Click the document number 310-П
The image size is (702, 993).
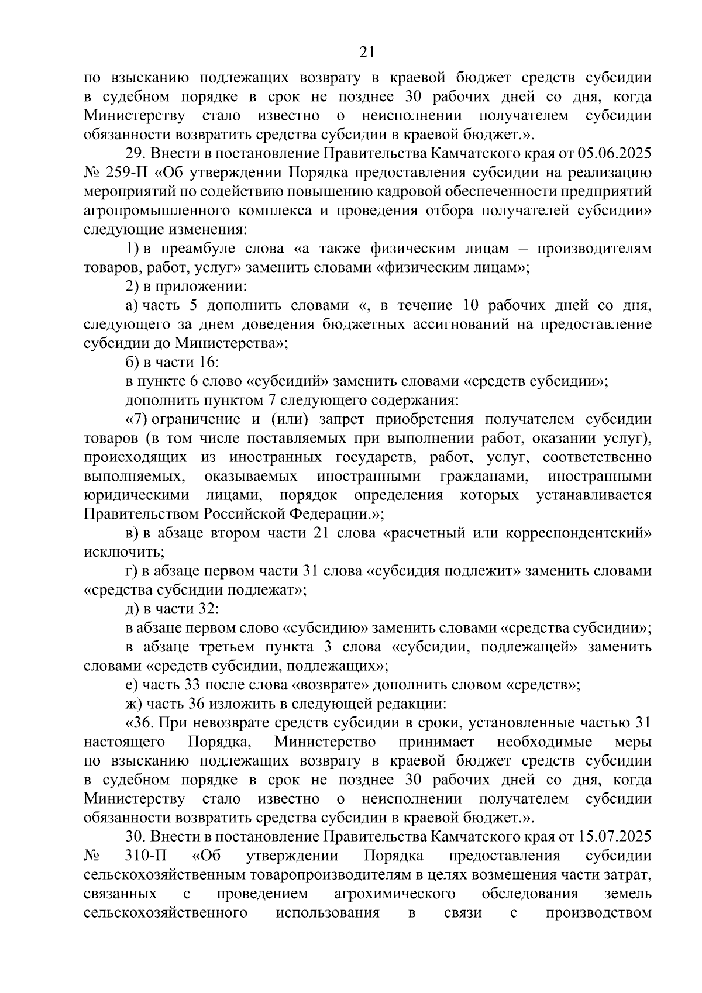[x=146, y=856]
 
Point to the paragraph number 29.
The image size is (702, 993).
[x=135, y=154]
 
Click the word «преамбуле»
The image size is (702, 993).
[x=203, y=249]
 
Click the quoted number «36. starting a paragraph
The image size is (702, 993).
[x=139, y=723]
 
